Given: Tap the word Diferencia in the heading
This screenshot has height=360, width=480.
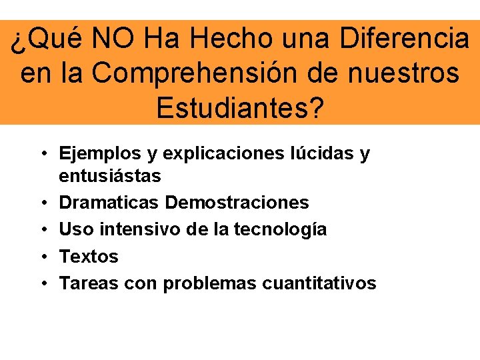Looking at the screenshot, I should point(404,39).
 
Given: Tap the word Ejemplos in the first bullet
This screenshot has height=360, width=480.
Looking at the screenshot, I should point(100,154).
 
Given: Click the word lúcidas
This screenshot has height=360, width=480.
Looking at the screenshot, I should point(323,154).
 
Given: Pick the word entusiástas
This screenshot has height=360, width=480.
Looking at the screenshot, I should point(110,176).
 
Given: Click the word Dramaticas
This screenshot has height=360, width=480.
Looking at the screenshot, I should point(109,202).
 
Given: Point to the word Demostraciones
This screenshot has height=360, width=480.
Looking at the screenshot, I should point(237,202).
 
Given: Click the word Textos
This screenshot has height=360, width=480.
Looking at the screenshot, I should point(89,256).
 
